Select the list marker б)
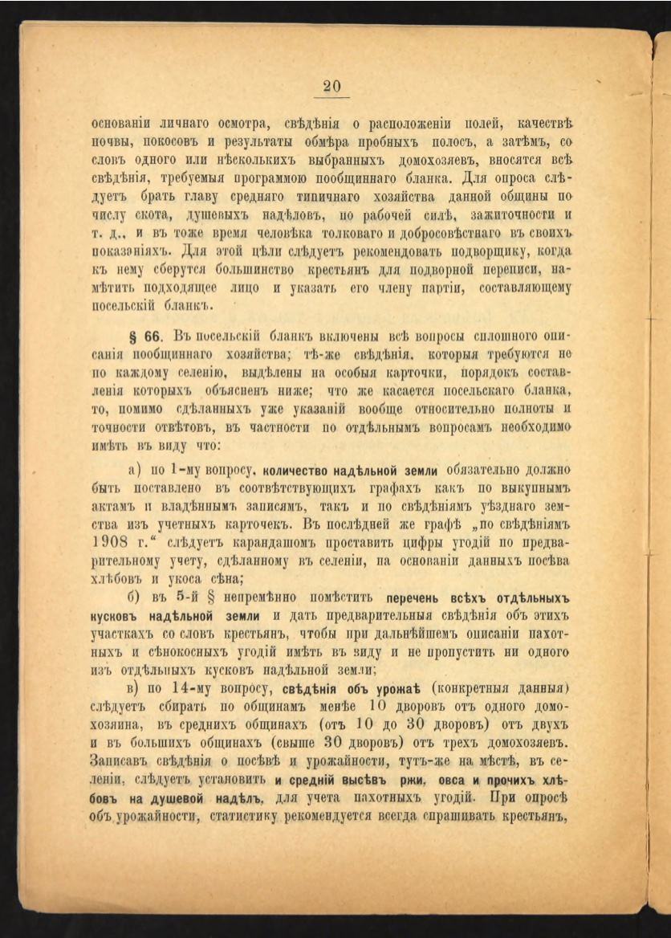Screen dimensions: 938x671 [x=134, y=598]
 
